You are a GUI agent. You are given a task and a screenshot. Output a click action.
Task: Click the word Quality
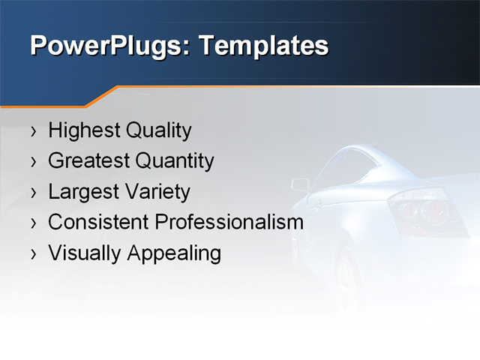point(158,130)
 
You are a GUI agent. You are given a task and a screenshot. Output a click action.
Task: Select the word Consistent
point(98,223)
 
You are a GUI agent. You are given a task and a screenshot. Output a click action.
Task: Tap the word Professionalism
point(229,223)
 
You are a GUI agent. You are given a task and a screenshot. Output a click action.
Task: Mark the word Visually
point(85,253)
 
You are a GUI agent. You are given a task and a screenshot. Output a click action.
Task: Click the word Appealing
point(174,253)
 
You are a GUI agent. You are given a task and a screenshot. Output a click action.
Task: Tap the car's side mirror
point(300,184)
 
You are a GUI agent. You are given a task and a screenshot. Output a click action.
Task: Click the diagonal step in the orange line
point(102,96)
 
